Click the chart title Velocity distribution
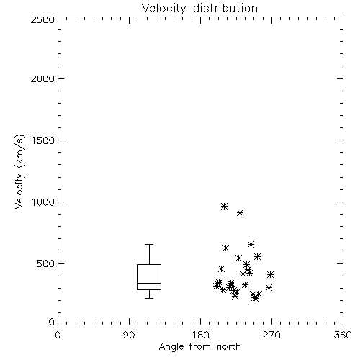199,8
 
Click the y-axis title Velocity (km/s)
19,171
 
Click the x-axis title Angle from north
199,346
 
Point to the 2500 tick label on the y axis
42,19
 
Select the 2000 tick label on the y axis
42,78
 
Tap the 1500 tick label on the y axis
43,140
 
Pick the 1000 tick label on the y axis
43,202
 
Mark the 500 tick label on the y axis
46,264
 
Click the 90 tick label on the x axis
129,335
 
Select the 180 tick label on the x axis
200,335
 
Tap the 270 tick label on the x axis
271,335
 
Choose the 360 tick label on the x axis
343,335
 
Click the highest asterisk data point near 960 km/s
224,206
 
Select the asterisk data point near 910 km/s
240,212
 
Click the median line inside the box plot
149,283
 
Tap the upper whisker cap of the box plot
149,244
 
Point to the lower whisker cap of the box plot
149,298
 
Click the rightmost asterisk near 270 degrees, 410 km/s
270,274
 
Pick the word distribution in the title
225,8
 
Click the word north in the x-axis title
229,346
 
